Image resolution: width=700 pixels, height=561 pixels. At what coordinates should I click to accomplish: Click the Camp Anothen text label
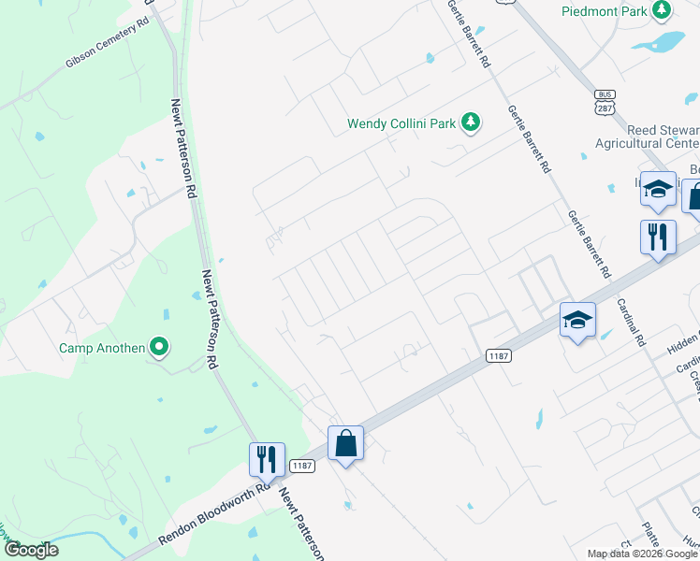(x=102, y=349)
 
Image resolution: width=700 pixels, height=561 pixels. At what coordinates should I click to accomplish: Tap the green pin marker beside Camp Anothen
(x=159, y=349)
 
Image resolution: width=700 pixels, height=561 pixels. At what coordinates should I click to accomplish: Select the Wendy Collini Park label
(x=403, y=122)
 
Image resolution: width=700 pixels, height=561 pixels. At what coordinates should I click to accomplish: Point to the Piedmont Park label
(x=605, y=11)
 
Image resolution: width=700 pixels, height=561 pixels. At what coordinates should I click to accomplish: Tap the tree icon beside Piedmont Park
(x=663, y=10)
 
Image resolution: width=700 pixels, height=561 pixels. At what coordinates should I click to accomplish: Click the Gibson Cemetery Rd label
(x=108, y=43)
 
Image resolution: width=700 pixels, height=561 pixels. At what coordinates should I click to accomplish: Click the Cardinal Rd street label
(x=631, y=323)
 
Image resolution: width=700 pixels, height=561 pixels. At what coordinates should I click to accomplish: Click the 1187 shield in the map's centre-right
(x=498, y=356)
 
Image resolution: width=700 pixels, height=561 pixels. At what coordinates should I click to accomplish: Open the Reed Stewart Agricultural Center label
(x=648, y=137)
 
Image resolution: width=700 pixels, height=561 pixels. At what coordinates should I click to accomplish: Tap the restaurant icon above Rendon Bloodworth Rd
(x=267, y=459)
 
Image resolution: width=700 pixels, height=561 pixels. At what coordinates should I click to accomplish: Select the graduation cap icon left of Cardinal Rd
(x=577, y=320)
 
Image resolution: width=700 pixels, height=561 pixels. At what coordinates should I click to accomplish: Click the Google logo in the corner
(x=30, y=550)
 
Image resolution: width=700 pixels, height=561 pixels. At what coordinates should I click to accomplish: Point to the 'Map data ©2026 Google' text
(x=642, y=554)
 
